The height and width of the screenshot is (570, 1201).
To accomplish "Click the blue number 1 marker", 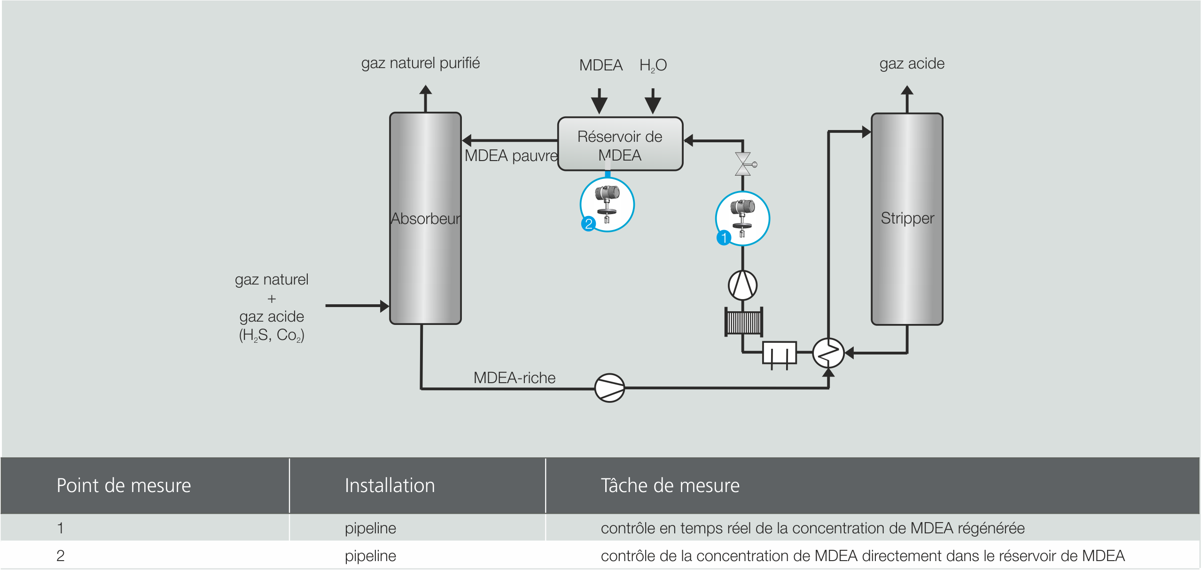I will [724, 238].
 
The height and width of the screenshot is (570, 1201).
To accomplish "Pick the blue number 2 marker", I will [588, 223].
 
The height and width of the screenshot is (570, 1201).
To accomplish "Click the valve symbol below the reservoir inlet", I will [743, 164].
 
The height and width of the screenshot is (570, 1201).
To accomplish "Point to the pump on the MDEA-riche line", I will [609, 388].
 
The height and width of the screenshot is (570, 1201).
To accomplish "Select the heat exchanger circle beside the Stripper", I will [828, 353].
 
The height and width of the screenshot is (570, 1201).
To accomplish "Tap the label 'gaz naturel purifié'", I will [420, 63].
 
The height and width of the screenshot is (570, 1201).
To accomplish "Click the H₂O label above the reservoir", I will [653, 65].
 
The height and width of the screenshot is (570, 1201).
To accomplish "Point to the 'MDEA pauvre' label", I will [511, 155].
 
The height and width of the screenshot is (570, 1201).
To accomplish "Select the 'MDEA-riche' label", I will [514, 377].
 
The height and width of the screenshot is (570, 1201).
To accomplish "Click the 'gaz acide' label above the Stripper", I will [912, 63].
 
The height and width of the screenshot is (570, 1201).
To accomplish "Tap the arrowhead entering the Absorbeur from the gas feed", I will [384, 306].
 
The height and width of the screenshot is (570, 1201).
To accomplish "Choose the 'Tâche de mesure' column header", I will [670, 485].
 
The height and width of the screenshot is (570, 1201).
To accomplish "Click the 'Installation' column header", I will [390, 485].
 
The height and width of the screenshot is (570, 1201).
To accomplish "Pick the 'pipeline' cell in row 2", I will [370, 555].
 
